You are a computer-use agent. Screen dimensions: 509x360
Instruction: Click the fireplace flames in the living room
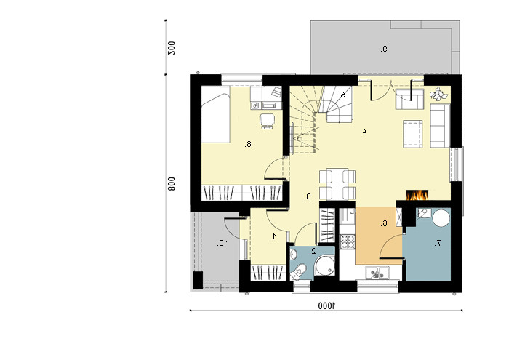[x=417, y=195]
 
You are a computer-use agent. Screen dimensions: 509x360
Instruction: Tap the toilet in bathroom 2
[x=298, y=271]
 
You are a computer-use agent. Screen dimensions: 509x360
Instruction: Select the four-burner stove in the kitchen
[x=348, y=241]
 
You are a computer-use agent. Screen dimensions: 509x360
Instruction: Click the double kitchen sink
[x=377, y=273]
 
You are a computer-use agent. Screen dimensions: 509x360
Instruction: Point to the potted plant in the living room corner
[x=438, y=94]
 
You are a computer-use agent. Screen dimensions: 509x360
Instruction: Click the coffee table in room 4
[x=413, y=134]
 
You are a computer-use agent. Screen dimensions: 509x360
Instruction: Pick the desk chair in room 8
[x=267, y=121]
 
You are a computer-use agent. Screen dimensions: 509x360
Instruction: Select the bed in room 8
[x=215, y=118]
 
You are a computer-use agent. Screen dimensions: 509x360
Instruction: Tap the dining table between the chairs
[x=337, y=184]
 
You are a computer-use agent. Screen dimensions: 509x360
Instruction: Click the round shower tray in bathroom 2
[x=324, y=265]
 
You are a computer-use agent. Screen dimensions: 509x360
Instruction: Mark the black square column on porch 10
[x=198, y=280]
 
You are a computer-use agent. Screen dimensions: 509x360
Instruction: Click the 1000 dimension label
[x=326, y=305]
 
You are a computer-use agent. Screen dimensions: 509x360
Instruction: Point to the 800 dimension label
[x=171, y=184]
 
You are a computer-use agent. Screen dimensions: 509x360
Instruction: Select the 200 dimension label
[x=171, y=48]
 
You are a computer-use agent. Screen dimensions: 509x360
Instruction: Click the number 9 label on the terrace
[x=384, y=49]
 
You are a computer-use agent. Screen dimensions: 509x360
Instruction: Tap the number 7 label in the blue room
[x=438, y=243]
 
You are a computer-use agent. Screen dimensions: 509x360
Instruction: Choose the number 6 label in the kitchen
[x=385, y=223]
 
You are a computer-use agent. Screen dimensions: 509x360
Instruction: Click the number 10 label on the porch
[x=223, y=243]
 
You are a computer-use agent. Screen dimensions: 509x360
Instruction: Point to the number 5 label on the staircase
[x=342, y=95]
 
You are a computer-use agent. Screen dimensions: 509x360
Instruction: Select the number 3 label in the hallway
[x=308, y=196]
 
